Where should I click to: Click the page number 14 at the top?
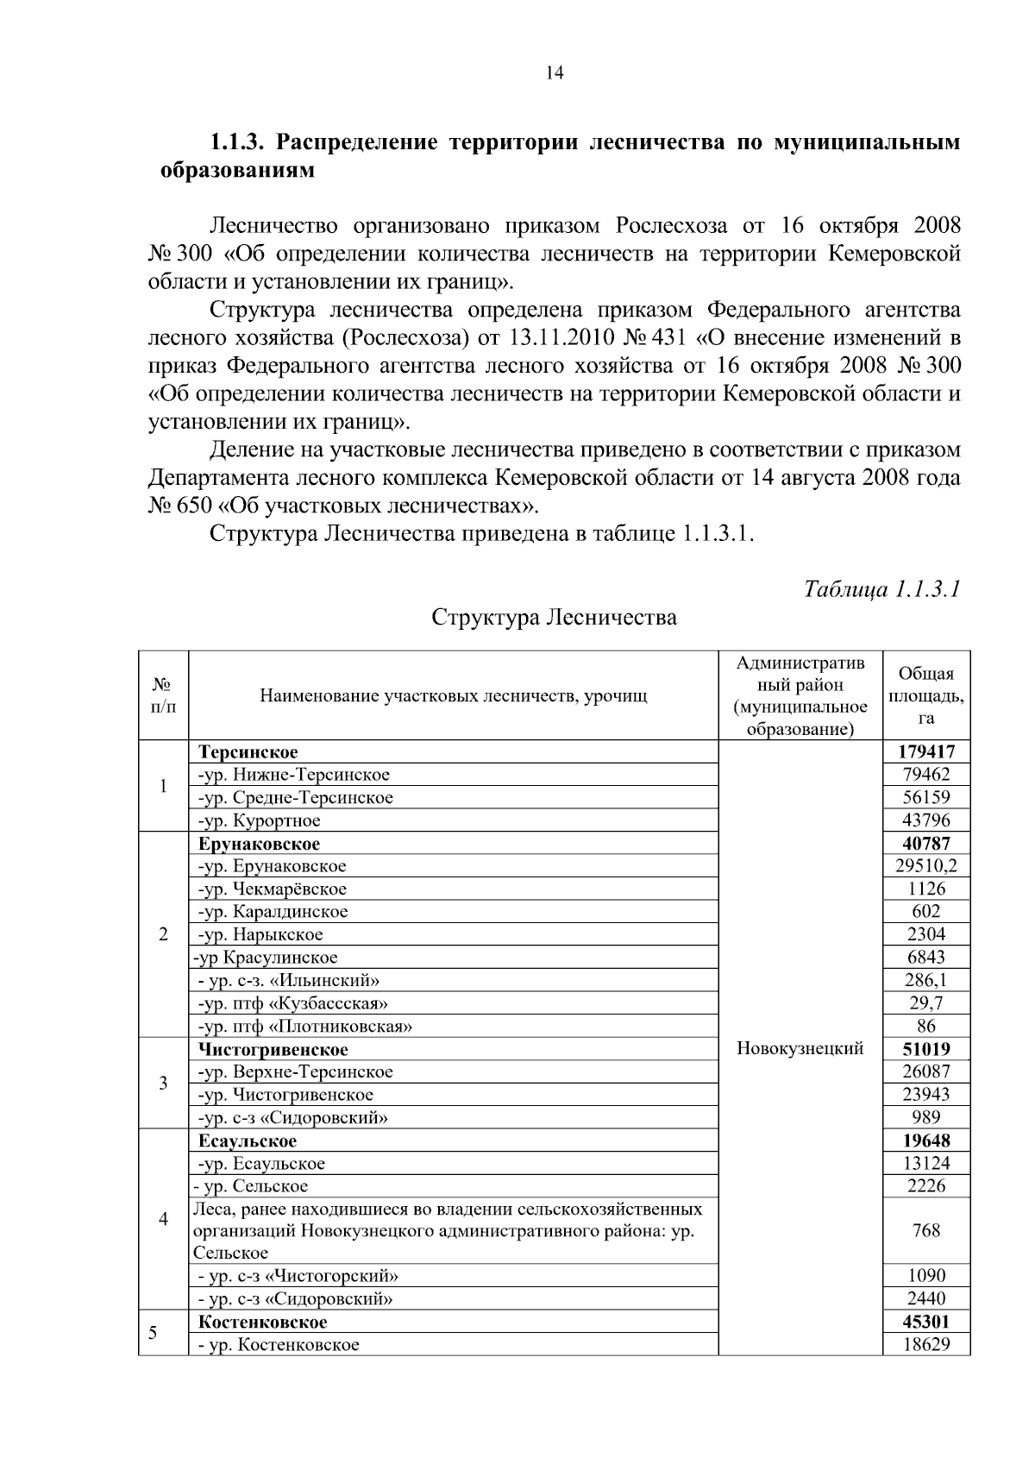pyautogui.click(x=555, y=73)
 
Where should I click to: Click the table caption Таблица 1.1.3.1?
pyautogui.click(x=881, y=589)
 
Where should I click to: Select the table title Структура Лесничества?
pyautogui.click(x=554, y=618)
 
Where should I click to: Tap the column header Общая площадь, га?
pyautogui.click(x=926, y=695)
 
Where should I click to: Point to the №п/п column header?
pyautogui.click(x=163, y=695)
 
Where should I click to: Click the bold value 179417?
pyautogui.click(x=926, y=752)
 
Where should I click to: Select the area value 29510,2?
pyautogui.click(x=926, y=866)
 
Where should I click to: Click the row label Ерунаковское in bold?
pyautogui.click(x=259, y=844)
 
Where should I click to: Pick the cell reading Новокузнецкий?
pyautogui.click(x=800, y=1048)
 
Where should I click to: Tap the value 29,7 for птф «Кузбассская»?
pyautogui.click(x=926, y=1002)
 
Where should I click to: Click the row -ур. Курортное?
pyautogui.click(x=260, y=820)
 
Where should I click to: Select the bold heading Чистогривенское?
pyautogui.click(x=273, y=1050)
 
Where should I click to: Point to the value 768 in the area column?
pyautogui.click(x=926, y=1230)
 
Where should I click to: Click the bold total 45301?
pyautogui.click(x=926, y=1322)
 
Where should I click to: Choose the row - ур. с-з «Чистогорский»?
pyautogui.click(x=298, y=1276)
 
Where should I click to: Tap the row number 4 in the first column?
pyautogui.click(x=163, y=1219)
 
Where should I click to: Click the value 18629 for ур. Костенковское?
pyautogui.click(x=926, y=1344)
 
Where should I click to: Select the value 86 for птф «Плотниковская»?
pyautogui.click(x=926, y=1026)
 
